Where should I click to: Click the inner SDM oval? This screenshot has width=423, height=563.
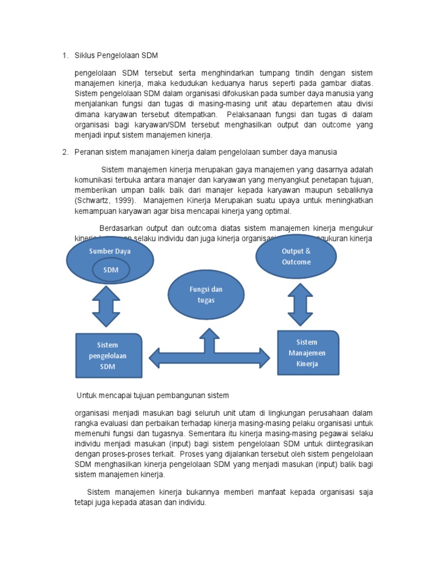pos(111,269)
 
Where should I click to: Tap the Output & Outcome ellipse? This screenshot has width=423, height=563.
pos(296,256)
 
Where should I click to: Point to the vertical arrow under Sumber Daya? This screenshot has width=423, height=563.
pos(106,306)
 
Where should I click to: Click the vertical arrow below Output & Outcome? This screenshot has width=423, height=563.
pos(301,303)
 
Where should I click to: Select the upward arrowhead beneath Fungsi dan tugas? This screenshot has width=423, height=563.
pos(209,334)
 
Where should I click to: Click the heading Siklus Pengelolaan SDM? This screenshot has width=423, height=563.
pos(116,56)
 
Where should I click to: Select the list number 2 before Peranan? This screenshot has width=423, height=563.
pos(64,151)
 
